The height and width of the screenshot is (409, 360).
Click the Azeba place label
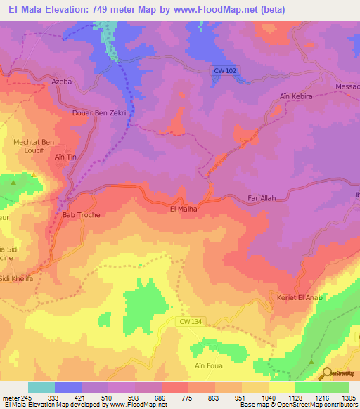(62, 82)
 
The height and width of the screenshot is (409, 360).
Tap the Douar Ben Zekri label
(98, 112)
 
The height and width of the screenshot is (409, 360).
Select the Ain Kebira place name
(295, 96)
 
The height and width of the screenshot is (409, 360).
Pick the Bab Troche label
(82, 214)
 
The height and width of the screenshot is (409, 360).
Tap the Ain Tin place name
(65, 157)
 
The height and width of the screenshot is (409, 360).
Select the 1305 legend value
(348, 397)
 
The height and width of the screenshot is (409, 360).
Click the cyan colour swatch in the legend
(41, 387)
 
